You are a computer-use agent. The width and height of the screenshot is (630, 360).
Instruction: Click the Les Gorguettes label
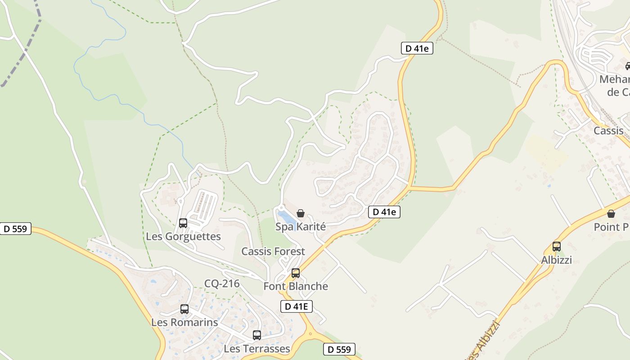point(183,236)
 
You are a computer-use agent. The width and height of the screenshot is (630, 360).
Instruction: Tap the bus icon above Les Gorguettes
point(183,223)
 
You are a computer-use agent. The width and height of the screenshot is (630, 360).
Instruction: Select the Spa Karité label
point(300,226)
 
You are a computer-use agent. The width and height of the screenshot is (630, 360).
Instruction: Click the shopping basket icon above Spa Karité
point(301,213)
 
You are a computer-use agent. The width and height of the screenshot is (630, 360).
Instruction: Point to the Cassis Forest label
point(273,251)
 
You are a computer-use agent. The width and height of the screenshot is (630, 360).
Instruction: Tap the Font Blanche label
point(296,286)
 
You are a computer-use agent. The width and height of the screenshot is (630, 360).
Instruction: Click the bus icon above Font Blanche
point(296,273)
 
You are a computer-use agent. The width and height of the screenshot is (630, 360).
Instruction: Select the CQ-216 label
point(222,283)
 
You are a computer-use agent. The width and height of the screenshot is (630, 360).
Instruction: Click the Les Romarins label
point(184,322)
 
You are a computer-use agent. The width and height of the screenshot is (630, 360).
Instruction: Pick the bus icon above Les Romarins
point(184,309)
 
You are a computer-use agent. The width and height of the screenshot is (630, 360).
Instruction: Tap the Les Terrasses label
point(257,348)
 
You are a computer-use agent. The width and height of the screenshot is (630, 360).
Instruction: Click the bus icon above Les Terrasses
point(257,335)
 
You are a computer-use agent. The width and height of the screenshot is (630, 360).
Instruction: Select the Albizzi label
point(557,260)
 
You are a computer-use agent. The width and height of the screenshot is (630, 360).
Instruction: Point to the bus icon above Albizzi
point(557,247)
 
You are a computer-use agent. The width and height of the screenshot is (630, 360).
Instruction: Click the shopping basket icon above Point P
point(611,214)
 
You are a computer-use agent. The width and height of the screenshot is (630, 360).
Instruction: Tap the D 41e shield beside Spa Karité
point(384,211)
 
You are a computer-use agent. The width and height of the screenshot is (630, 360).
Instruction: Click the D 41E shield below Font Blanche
point(296,306)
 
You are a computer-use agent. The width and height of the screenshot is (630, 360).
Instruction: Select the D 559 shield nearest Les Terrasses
point(339,349)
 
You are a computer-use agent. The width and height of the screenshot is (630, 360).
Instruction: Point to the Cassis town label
point(608,130)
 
